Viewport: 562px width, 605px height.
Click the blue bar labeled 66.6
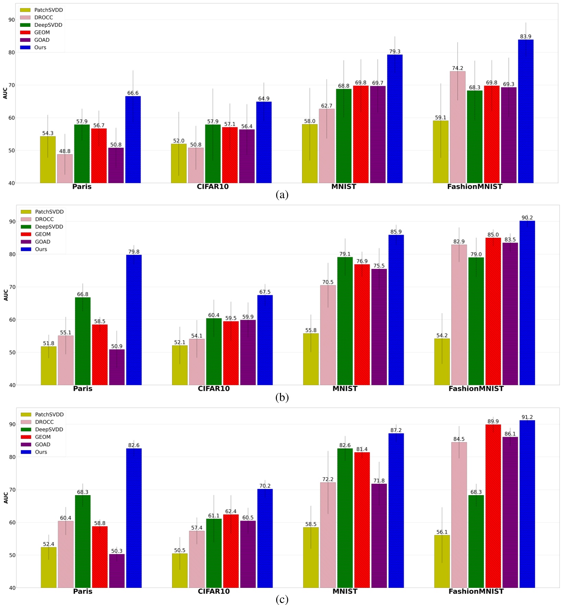(x=133, y=140)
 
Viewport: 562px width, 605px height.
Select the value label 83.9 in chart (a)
(x=525, y=37)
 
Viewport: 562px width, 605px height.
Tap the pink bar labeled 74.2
(x=457, y=127)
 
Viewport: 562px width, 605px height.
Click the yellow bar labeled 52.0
(x=179, y=163)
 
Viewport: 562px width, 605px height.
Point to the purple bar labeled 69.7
(x=377, y=135)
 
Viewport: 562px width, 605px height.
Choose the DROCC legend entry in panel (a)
(x=43, y=18)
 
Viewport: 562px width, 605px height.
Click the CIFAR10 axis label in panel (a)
(x=212, y=187)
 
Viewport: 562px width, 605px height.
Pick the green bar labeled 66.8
(x=83, y=341)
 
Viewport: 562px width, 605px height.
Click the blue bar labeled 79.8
(x=134, y=320)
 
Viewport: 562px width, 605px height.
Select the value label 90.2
(x=527, y=218)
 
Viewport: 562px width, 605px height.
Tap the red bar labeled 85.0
(x=493, y=311)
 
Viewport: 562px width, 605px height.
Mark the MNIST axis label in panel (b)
(x=344, y=388)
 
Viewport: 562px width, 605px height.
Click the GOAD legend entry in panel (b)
(x=43, y=242)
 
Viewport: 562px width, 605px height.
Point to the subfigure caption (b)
(x=282, y=397)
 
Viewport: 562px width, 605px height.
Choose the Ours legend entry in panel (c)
(x=40, y=452)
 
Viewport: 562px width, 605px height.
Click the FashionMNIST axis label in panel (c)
(x=476, y=591)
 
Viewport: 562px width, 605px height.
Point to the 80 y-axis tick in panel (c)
(x=12, y=457)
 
